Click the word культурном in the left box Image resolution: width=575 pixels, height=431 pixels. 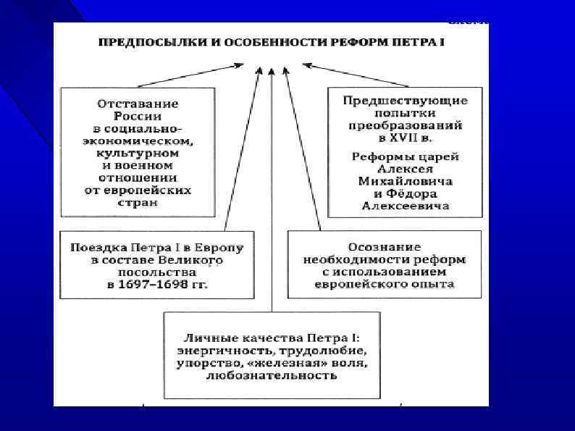pyautogui.click(x=138, y=154)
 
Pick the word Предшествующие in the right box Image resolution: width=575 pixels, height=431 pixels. pyautogui.click(x=406, y=100)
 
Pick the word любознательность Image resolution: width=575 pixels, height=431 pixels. pyautogui.click(x=272, y=375)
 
